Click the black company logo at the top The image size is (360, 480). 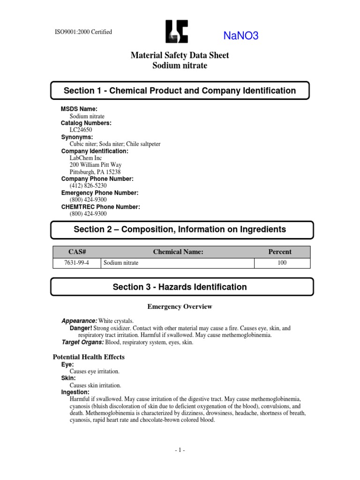pos(177,32)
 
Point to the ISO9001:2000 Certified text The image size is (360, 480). pos(84,32)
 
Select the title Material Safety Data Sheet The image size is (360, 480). pos(180,55)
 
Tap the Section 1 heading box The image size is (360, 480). pos(180,90)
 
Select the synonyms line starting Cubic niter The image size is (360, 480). pos(115,144)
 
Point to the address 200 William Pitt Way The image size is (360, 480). pos(96,165)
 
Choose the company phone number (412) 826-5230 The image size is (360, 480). pos(84,186)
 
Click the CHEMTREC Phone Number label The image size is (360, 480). pos(100,207)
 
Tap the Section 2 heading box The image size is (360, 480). pos(180,229)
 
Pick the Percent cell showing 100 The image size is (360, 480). pos(282,263)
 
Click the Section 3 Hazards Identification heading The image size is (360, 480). pos(180,287)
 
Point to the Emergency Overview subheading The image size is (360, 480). pos(180,307)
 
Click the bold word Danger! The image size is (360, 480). pos(81,329)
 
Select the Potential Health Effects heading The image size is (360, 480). pos(89,357)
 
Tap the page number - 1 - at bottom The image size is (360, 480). pos(180,450)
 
